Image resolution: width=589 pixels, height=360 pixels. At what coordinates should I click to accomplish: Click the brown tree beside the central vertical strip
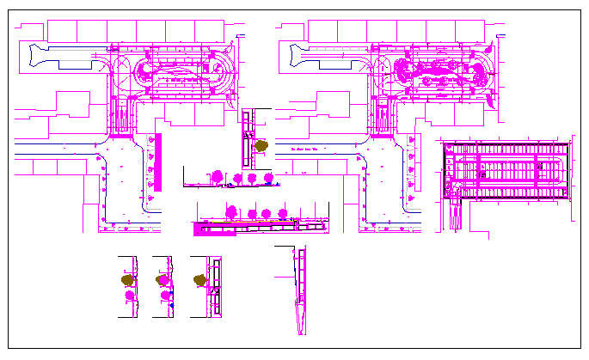click(261, 146)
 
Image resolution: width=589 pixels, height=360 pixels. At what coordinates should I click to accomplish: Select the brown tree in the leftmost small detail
click(128, 280)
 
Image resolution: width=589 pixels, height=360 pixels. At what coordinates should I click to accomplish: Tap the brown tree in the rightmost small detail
click(200, 279)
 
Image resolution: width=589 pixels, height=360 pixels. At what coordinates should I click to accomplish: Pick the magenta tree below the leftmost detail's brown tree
click(130, 296)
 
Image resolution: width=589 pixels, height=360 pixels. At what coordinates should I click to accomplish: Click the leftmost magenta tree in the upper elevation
click(218, 177)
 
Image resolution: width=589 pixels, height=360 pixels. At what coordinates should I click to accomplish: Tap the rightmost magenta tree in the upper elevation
click(267, 178)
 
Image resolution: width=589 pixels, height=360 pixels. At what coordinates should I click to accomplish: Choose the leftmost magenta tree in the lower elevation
click(231, 211)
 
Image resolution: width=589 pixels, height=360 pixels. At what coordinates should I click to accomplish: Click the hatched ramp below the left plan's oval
click(121, 118)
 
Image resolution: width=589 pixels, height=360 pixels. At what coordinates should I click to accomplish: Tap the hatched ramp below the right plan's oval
click(383, 118)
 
